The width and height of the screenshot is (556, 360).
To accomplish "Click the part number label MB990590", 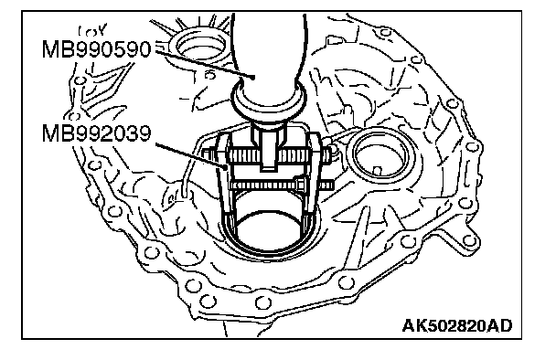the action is (x=96, y=49).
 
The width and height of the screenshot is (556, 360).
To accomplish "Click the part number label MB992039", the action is (x=96, y=133).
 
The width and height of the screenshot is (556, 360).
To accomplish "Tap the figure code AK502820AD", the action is (x=457, y=325).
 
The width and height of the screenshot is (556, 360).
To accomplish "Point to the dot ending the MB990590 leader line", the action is (x=253, y=77).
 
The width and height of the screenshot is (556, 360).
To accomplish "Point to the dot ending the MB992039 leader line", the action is (x=226, y=166).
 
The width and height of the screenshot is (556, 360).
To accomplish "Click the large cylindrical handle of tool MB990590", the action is (x=269, y=60).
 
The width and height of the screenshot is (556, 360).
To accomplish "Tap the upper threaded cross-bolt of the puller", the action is (x=270, y=154).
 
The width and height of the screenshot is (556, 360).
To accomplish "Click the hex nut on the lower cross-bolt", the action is (x=300, y=185).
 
